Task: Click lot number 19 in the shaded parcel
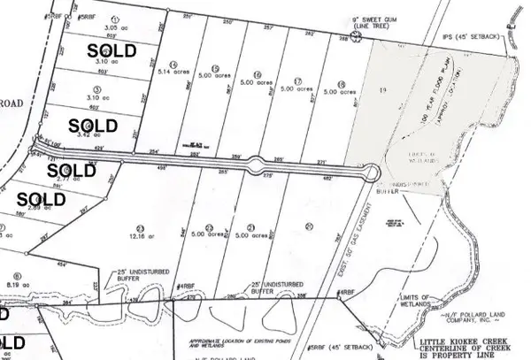(x=382, y=91)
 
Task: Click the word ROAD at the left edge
(x=13, y=76)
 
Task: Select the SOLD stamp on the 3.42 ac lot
(x=92, y=125)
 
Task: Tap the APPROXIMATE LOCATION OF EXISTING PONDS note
(x=227, y=341)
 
